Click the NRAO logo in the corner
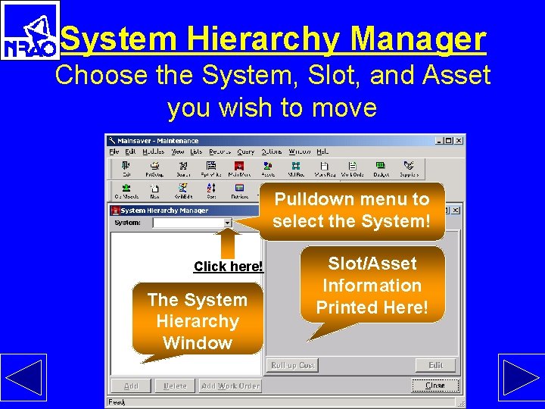[x=30, y=30]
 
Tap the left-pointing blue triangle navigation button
[x=23, y=376]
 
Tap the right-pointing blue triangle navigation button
[x=520, y=376]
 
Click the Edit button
[x=436, y=365]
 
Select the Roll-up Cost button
[x=293, y=365]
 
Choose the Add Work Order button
[x=230, y=386]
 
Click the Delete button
[x=175, y=386]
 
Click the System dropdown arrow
[x=228, y=223]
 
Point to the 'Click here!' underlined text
[x=229, y=267]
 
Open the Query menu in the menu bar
[x=246, y=151]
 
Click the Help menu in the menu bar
[x=322, y=151]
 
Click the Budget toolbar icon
[x=381, y=169]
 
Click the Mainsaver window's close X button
[x=459, y=140]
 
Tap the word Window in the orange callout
[x=198, y=343]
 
